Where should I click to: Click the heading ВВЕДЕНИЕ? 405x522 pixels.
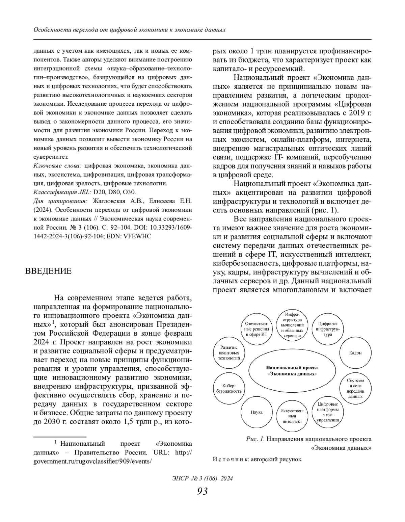(x=48, y=271)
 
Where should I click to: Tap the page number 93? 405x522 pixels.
(x=202, y=491)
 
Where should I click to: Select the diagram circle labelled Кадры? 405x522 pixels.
(x=355, y=353)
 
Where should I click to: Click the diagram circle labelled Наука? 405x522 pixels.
(x=256, y=412)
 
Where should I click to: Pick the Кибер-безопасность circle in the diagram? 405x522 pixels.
(x=229, y=389)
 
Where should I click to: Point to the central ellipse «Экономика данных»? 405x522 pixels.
(x=292, y=370)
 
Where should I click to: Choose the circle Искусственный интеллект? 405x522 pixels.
(x=292, y=416)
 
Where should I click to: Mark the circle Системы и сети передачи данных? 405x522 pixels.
(x=355, y=388)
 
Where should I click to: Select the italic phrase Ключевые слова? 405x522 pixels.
(x=57, y=166)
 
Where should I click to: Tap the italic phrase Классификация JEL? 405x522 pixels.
(x=62, y=192)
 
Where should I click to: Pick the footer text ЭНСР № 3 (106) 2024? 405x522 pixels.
(x=202, y=478)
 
